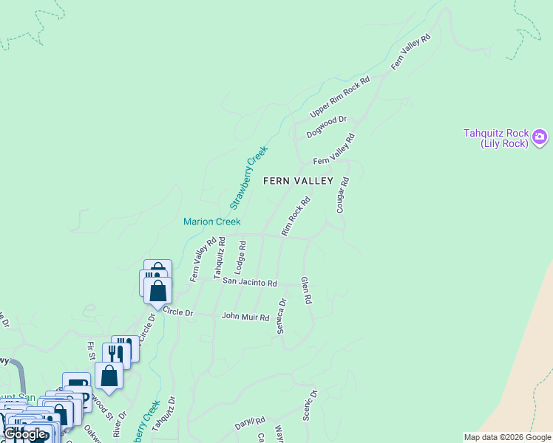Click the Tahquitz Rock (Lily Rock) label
(495, 138)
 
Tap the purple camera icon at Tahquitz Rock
(540, 137)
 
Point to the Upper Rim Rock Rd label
(339, 97)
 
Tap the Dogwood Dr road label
(326, 127)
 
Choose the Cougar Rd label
(342, 195)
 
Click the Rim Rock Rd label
(296, 216)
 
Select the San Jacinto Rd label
(250, 283)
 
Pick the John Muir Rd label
(245, 316)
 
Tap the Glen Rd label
(305, 291)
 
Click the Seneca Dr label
(282, 316)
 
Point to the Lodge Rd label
(240, 254)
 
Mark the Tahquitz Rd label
(219, 257)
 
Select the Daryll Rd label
(250, 423)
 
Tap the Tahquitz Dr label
(172, 413)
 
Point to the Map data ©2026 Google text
(506, 437)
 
